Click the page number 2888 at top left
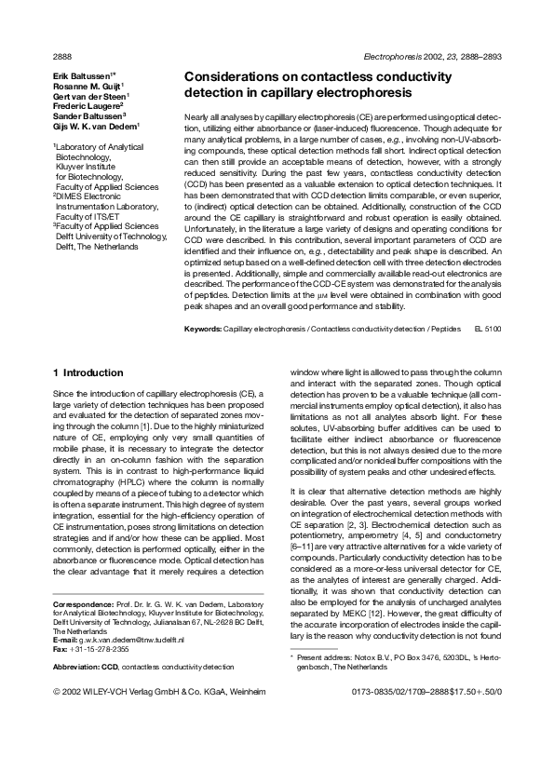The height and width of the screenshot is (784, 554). (x=61, y=56)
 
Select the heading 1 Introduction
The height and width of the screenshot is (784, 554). (x=88, y=373)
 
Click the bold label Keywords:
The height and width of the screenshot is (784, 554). (x=203, y=330)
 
